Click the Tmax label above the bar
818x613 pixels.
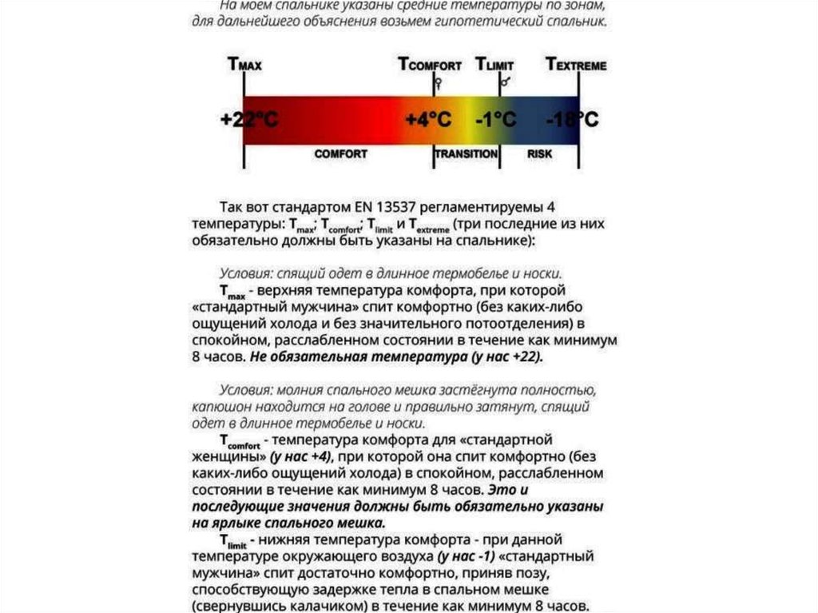point(244,65)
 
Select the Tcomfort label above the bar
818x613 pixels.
point(430,65)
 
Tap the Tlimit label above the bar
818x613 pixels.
point(494,65)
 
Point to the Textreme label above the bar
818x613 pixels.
point(575,65)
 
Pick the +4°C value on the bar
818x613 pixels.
point(428,120)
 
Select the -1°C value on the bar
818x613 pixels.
point(495,120)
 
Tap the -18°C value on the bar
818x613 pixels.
point(572,120)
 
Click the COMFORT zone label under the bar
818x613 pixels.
point(340,153)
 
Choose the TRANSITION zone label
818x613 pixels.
point(467,153)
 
